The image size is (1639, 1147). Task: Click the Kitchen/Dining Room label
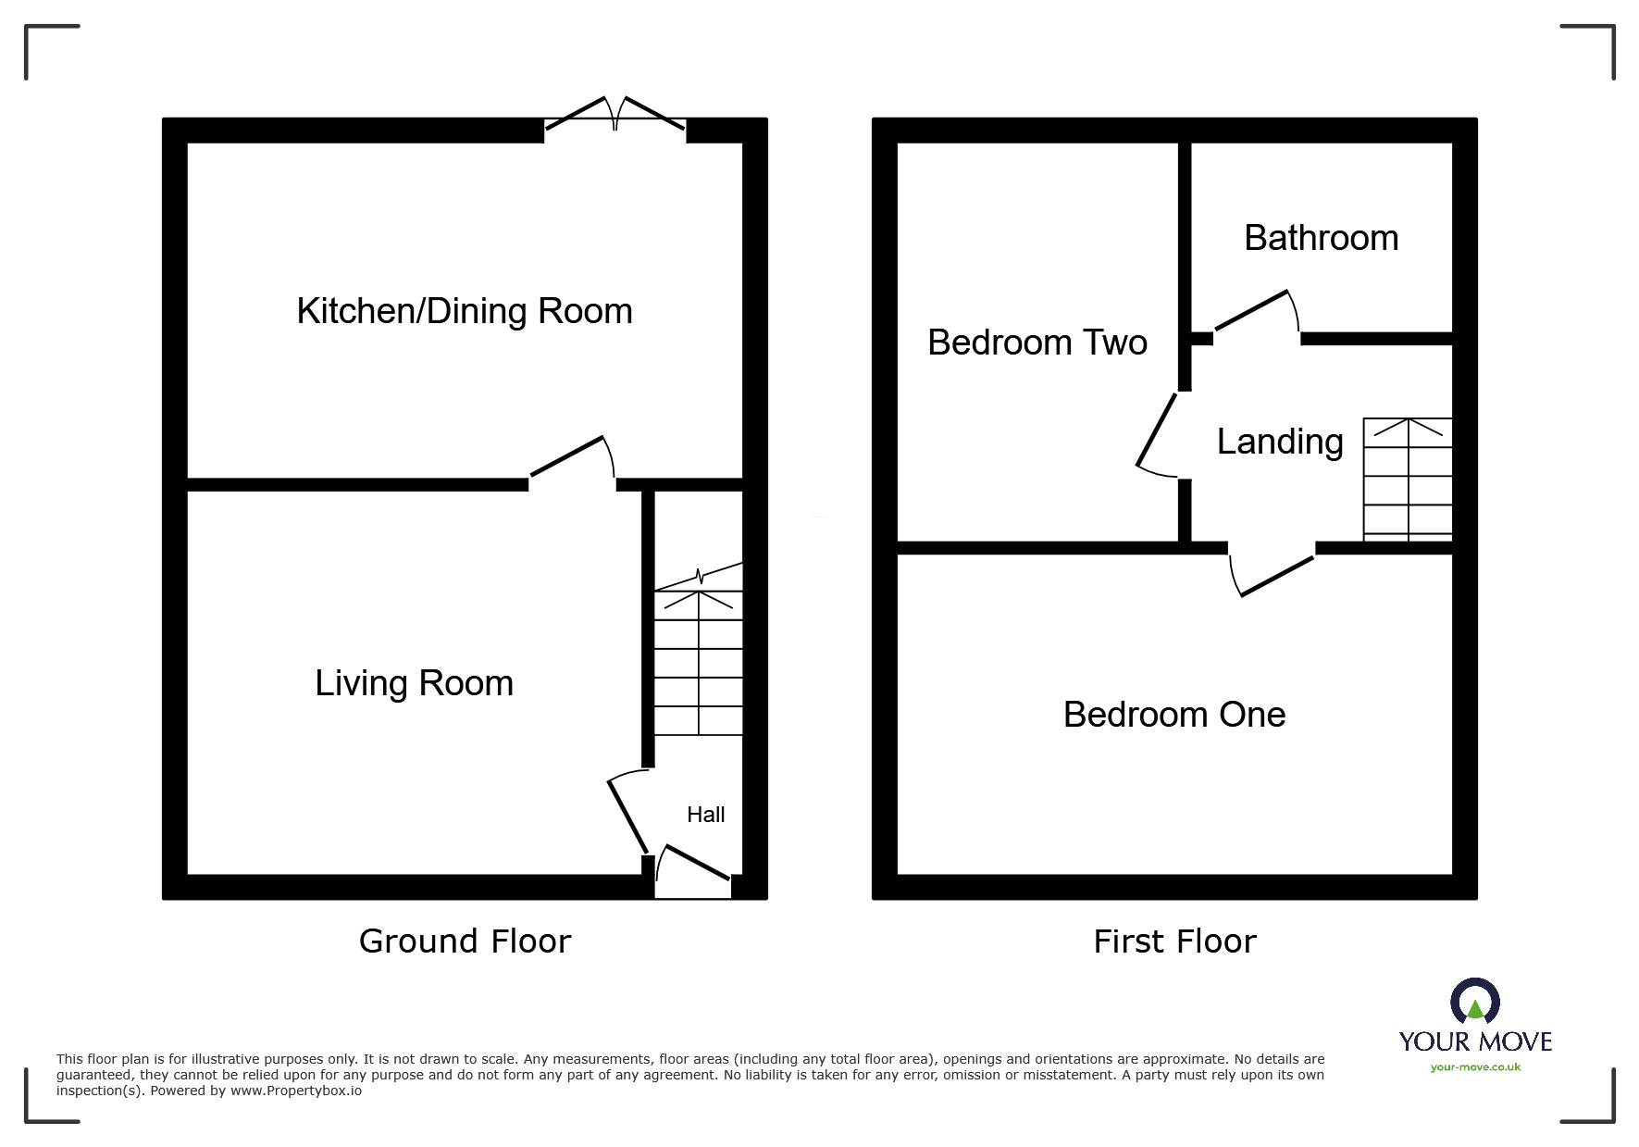465,311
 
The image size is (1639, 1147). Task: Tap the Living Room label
414,683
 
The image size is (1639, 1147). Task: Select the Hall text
705,815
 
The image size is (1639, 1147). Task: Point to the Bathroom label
1321,238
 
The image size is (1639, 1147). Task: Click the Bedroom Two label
1037,343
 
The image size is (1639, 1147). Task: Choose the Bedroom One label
1173,715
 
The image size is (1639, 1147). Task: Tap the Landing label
1279,442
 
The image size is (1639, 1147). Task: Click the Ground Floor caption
465,941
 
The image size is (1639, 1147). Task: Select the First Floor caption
1173,941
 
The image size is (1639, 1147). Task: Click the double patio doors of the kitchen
615,115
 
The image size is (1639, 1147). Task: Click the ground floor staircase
699,662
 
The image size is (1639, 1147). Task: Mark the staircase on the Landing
1407,480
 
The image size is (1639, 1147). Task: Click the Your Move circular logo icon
1474,1003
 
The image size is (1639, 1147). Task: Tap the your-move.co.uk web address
1474,1067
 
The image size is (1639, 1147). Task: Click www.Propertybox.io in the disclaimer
296,1091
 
